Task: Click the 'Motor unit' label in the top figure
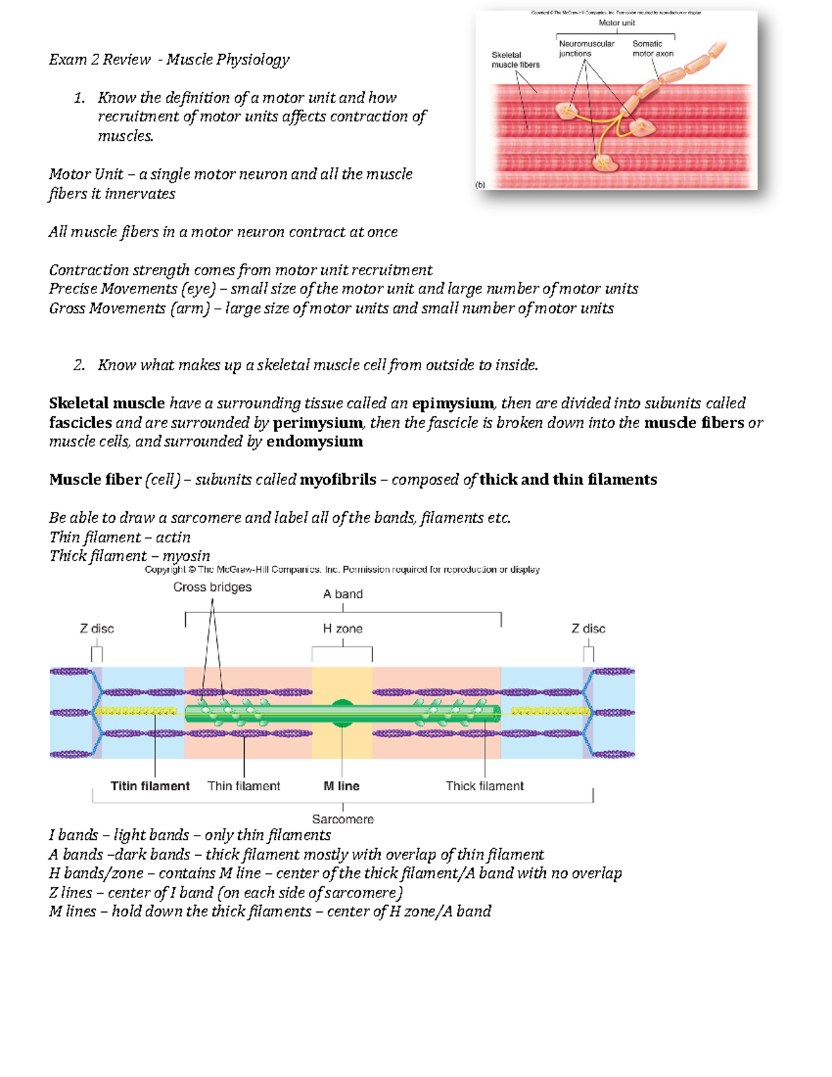616,23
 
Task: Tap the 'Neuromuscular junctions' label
586,49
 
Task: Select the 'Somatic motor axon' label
652,49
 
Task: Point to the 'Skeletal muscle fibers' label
515,60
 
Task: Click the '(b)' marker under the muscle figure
480,185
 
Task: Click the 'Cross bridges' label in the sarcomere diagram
212,587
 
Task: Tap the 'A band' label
343,594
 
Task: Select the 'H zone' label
343,629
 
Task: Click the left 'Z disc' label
96,629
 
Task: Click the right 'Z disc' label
588,629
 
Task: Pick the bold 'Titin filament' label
150,786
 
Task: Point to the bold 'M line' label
341,786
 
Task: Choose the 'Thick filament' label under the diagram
485,786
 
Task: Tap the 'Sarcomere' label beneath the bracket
343,819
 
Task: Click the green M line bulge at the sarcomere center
343,713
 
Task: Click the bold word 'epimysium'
453,404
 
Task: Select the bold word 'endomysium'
314,442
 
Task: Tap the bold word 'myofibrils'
338,480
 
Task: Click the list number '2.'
79,365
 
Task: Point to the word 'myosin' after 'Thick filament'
186,556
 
